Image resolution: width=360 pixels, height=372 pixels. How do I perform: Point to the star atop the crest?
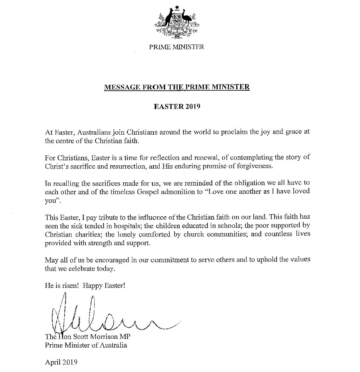(177, 7)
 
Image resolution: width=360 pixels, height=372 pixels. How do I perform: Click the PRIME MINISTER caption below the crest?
(177, 46)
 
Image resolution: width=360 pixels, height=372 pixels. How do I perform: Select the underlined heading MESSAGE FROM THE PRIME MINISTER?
(177, 87)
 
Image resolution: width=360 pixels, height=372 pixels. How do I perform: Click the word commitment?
(179, 260)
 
